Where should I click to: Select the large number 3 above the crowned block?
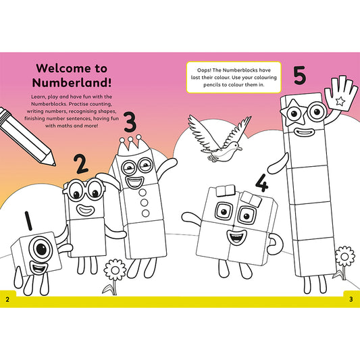coord(130,122)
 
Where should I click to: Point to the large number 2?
coord(80,164)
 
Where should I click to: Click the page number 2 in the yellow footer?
coord(7,299)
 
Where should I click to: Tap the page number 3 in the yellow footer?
coord(351,299)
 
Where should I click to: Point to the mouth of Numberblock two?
coord(86,209)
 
